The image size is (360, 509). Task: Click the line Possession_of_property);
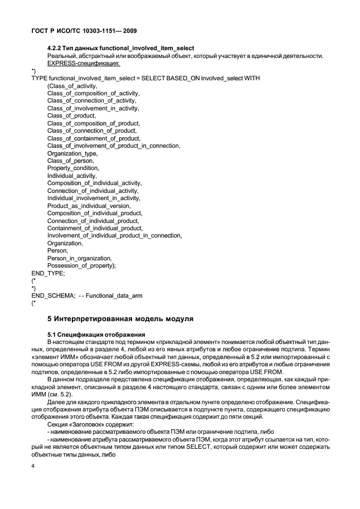point(81,265)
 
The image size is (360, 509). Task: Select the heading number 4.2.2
point(56,48)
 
